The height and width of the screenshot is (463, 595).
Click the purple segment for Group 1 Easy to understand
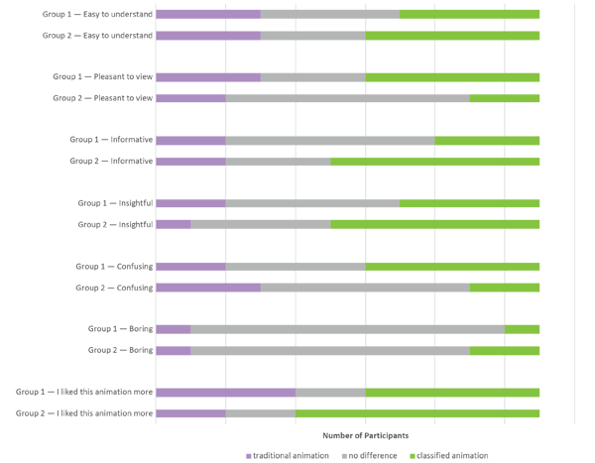207,15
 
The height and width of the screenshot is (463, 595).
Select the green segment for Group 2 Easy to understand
452,36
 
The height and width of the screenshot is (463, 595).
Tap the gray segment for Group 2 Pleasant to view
347,98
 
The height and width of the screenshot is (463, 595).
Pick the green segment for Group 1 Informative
487,141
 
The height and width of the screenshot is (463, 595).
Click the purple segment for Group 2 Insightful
173,225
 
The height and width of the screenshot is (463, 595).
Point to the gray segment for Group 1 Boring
347,329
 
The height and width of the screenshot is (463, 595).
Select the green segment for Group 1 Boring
522,329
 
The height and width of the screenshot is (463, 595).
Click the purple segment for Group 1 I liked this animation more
225,393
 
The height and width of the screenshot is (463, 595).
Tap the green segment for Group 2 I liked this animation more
417,413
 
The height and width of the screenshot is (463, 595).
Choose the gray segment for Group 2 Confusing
365,288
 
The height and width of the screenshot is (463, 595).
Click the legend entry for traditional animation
288,456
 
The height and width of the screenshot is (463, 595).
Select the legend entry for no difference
371,456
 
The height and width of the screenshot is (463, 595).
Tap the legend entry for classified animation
449,456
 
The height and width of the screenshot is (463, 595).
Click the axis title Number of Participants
365,435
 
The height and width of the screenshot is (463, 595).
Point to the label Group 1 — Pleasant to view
102,77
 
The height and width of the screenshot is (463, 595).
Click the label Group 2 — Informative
111,162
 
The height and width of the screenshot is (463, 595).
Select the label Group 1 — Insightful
115,203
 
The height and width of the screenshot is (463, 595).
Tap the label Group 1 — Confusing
114,267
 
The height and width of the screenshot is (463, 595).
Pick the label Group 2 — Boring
120,351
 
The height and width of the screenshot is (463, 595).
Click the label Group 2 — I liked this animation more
84,413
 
